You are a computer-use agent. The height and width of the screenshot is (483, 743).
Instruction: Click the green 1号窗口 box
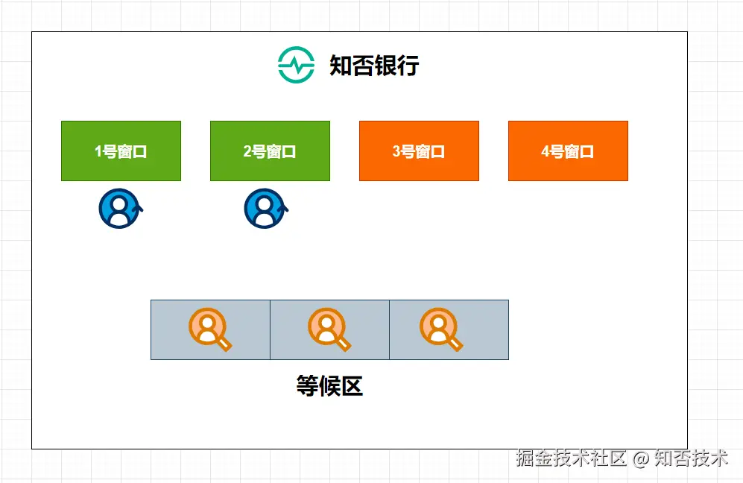pos(121,151)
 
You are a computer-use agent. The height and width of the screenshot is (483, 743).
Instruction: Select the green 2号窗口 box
pos(270,151)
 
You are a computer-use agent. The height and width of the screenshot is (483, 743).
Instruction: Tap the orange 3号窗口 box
pos(419,151)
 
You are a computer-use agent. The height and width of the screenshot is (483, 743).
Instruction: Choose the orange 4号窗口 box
pos(568,151)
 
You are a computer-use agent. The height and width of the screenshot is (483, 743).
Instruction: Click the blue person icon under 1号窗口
pos(118,209)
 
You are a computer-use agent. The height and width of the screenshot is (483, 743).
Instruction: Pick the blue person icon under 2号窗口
pos(265,209)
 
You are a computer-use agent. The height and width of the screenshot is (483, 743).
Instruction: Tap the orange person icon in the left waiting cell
pos(208,328)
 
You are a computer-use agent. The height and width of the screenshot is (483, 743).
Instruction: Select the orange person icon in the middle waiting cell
pos(327,328)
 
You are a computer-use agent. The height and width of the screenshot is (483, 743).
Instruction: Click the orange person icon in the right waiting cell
pos(439,328)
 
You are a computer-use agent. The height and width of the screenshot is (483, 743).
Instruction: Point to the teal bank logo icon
pos(296,66)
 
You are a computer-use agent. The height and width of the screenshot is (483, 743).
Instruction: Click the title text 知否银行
pos(374,66)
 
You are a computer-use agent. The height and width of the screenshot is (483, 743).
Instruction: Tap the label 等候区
pos(329,386)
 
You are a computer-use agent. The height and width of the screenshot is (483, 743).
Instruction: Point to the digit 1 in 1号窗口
pos(98,151)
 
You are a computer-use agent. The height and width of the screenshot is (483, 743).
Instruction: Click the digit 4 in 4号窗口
pos(546,151)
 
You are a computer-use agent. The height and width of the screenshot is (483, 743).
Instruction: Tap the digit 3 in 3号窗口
pos(396,151)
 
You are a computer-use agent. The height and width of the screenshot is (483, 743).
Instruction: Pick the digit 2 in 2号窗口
pos(247,151)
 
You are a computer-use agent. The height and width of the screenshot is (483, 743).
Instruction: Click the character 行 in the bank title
pos(408,66)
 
